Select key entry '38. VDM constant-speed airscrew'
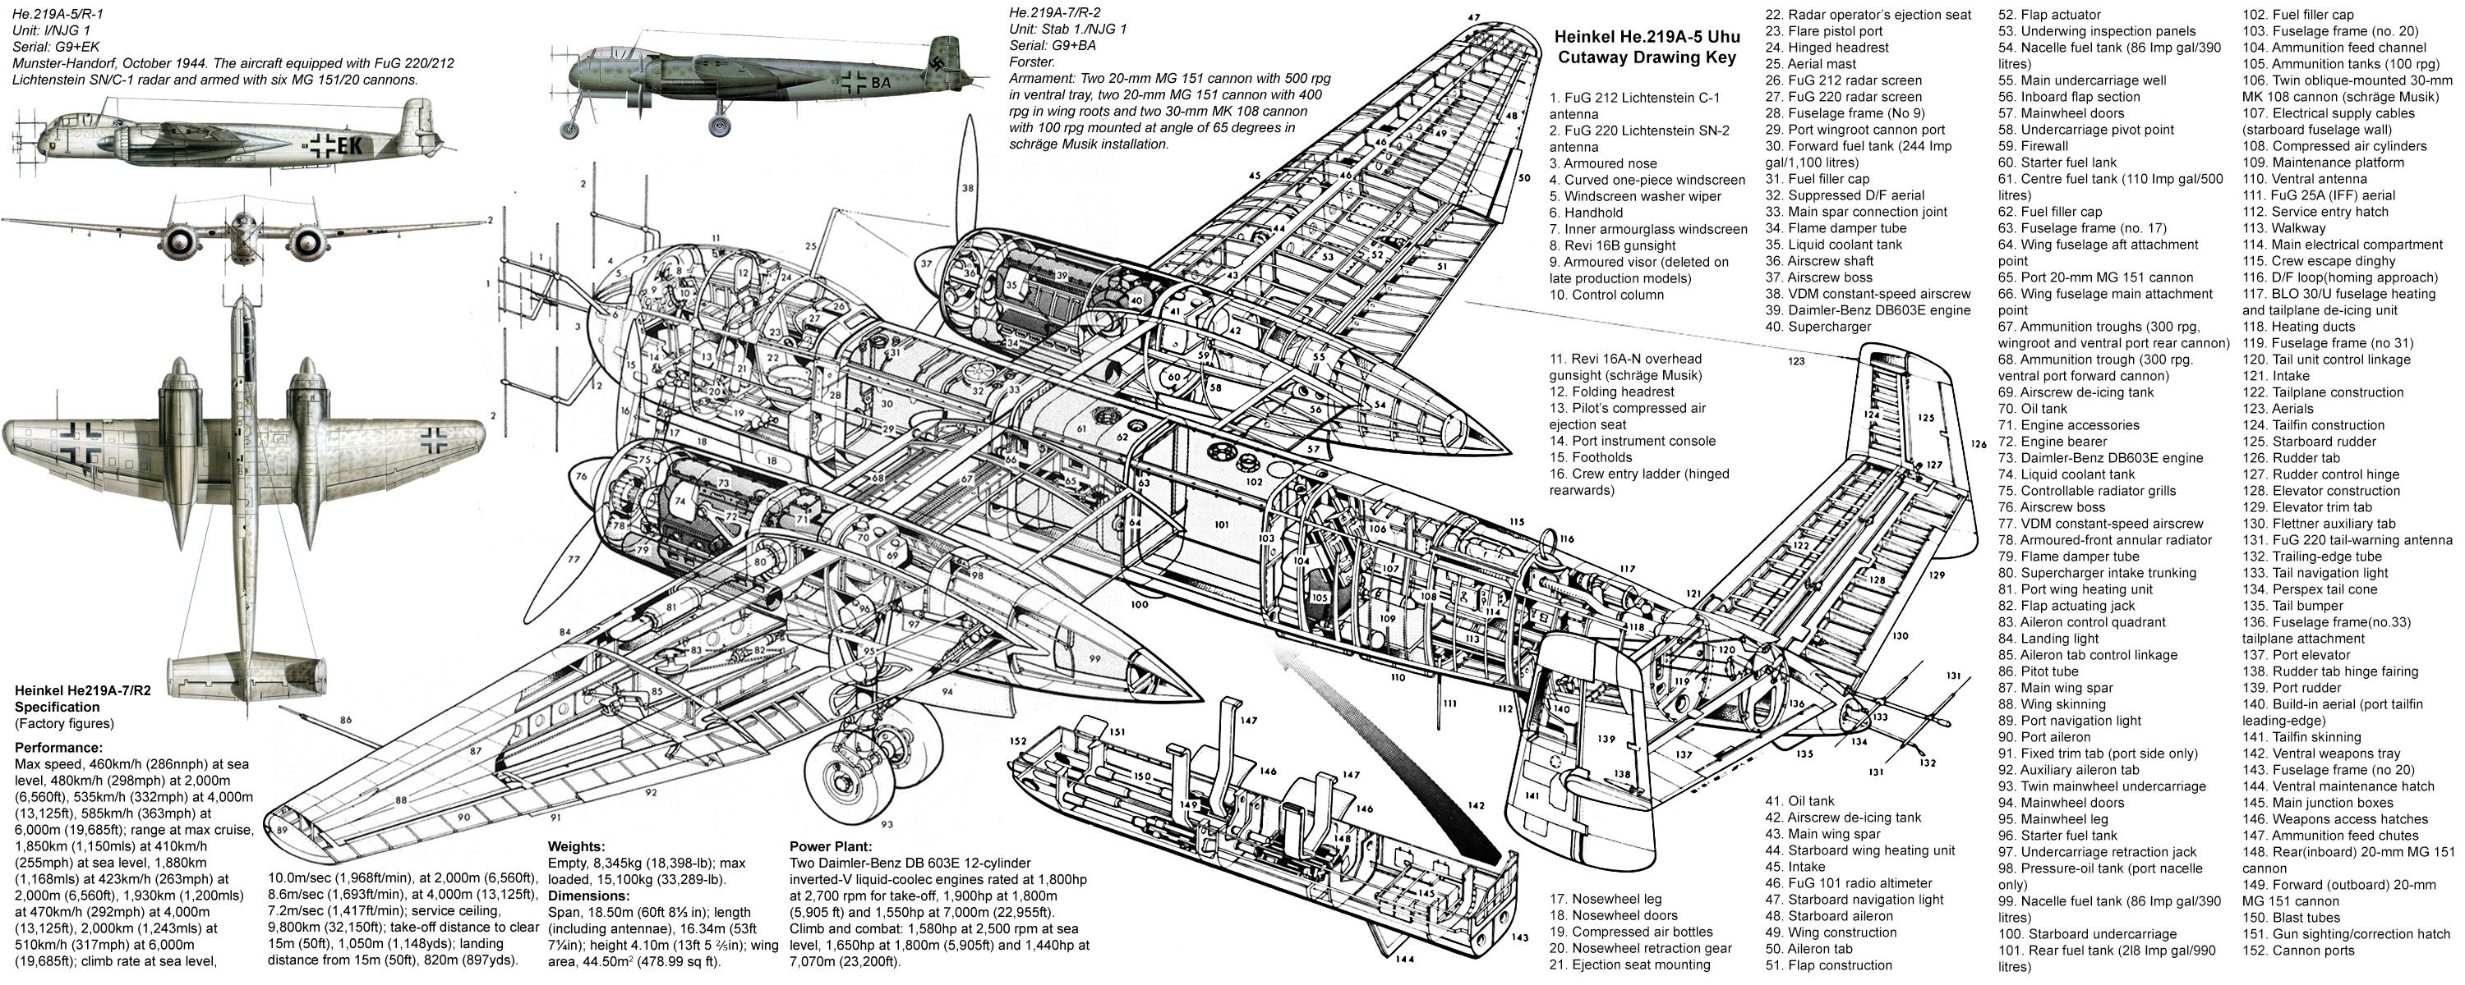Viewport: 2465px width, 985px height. click(1867, 294)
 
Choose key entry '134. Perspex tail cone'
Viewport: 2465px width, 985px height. click(2310, 589)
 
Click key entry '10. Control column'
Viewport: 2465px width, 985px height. click(1606, 295)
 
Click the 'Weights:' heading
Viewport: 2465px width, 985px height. click(575, 846)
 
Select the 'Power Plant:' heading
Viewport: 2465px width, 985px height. click(830, 846)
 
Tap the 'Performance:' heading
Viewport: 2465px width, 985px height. click(58, 748)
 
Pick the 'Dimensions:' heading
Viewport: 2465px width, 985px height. click(588, 896)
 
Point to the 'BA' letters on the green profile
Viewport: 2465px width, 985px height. click(879, 82)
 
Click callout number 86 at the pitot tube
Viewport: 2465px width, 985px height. click(345, 720)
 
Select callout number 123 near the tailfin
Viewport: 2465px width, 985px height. click(1795, 361)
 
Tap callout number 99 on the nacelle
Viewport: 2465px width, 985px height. click(1094, 659)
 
